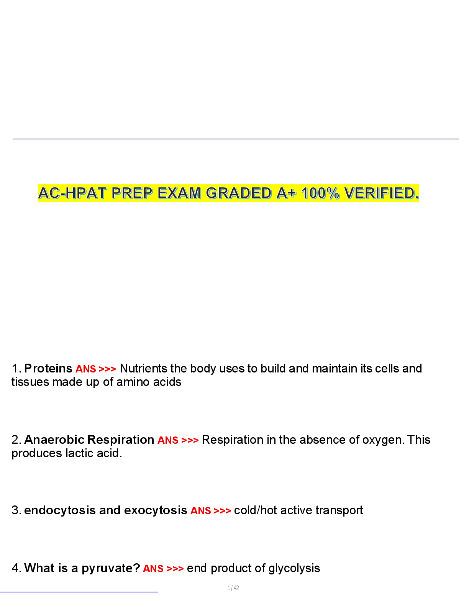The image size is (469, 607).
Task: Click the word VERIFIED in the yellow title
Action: pos(380,193)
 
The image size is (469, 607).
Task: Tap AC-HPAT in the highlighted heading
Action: pos(72,193)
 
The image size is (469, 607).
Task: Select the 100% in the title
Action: pos(320,193)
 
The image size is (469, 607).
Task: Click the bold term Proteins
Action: pos(48,369)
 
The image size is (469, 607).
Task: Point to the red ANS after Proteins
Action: pos(86,369)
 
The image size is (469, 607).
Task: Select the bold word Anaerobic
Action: pos(54,440)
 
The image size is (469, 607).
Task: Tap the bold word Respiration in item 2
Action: pos(121,440)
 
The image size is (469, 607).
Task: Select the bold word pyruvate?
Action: pos(111,568)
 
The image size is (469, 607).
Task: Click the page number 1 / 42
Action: pos(233,588)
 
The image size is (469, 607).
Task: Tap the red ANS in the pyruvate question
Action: pos(153,569)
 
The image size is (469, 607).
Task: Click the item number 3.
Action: pos(15,510)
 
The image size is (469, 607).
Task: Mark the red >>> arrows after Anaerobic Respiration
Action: pos(190,440)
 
